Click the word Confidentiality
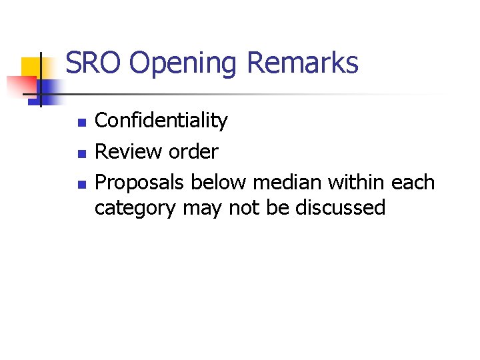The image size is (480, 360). tap(161, 121)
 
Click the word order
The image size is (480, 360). tap(193, 151)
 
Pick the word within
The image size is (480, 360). tap(360, 182)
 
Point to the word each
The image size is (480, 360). tap(416, 182)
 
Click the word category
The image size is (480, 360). tap(135, 208)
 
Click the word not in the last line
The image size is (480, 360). tap(243, 208)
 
